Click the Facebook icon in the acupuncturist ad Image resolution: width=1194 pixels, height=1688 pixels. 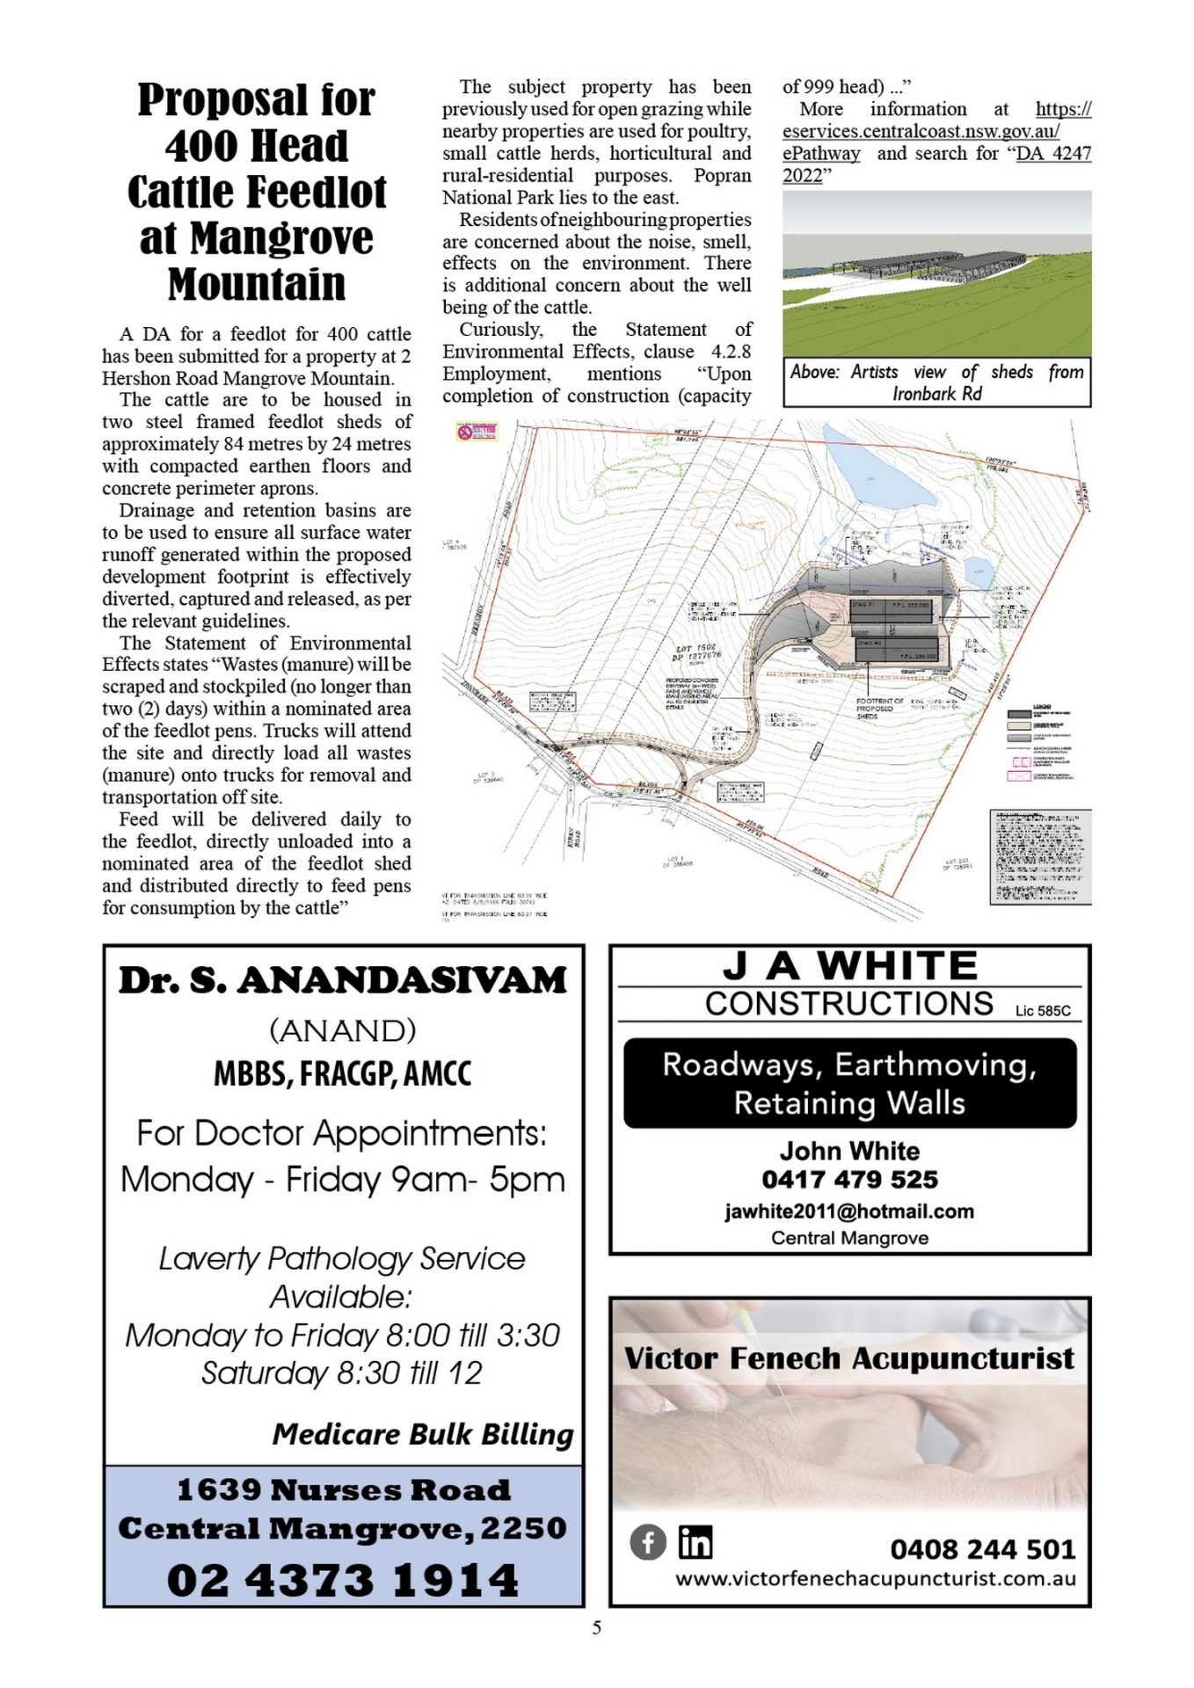[x=648, y=1542]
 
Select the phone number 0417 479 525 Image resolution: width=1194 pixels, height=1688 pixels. [x=849, y=1179]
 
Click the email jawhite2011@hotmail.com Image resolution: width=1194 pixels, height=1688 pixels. [x=849, y=1211]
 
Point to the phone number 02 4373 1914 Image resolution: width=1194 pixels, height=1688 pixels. [x=343, y=1580]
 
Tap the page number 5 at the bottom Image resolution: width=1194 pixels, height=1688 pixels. [x=597, y=1627]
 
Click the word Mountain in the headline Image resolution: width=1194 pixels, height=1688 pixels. [x=257, y=284]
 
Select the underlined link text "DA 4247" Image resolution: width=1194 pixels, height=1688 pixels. [x=1053, y=153]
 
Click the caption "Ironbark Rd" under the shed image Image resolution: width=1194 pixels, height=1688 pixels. [x=937, y=394]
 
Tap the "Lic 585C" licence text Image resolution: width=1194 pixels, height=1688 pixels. [x=1043, y=1011]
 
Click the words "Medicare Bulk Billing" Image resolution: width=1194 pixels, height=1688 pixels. [x=423, y=1434]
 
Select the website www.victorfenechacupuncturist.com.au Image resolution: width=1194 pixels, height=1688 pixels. [x=876, y=1578]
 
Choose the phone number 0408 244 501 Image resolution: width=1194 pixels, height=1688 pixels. [x=982, y=1548]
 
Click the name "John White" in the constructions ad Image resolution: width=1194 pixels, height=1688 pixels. [x=849, y=1151]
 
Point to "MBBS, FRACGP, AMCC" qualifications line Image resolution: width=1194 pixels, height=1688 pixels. [x=343, y=1073]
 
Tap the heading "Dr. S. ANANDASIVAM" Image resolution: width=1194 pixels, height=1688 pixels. [x=343, y=980]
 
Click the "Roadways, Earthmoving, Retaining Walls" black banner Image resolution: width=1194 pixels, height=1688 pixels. [x=849, y=1083]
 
